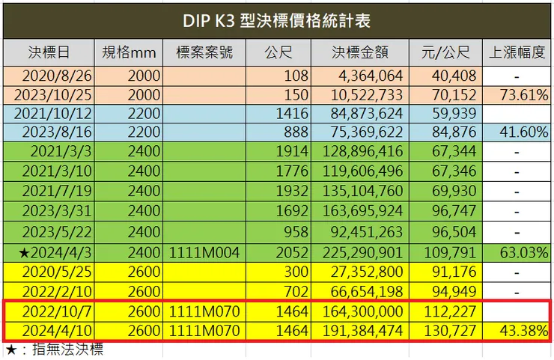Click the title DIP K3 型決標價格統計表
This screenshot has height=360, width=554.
(276, 19)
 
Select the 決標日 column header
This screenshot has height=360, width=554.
(49, 54)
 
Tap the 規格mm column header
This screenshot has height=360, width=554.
(130, 54)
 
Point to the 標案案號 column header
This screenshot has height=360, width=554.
(204, 54)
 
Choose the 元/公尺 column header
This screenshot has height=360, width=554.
(445, 54)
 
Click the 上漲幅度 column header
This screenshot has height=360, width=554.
(517, 54)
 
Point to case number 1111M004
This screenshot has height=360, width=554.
(205, 252)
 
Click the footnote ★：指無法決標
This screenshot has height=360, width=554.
(54, 350)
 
